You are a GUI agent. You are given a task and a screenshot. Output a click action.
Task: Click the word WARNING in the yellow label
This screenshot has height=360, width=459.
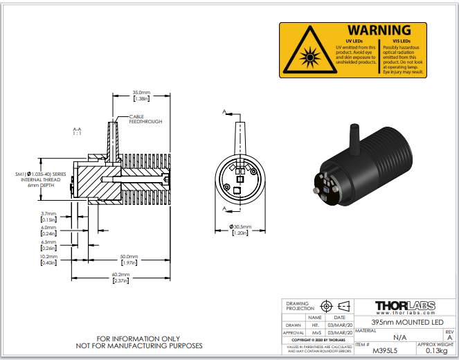(379, 30)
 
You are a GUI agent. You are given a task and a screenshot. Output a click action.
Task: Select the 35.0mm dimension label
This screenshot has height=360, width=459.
(141, 92)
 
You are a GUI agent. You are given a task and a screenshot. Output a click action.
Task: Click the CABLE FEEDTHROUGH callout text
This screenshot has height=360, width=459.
(145, 119)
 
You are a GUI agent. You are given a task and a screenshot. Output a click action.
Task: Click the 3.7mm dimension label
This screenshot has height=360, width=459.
(48, 214)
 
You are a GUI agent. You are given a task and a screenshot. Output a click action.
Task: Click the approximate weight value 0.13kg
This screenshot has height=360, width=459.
(433, 350)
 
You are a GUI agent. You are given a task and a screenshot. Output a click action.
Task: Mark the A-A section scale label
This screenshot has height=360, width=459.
(77, 132)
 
